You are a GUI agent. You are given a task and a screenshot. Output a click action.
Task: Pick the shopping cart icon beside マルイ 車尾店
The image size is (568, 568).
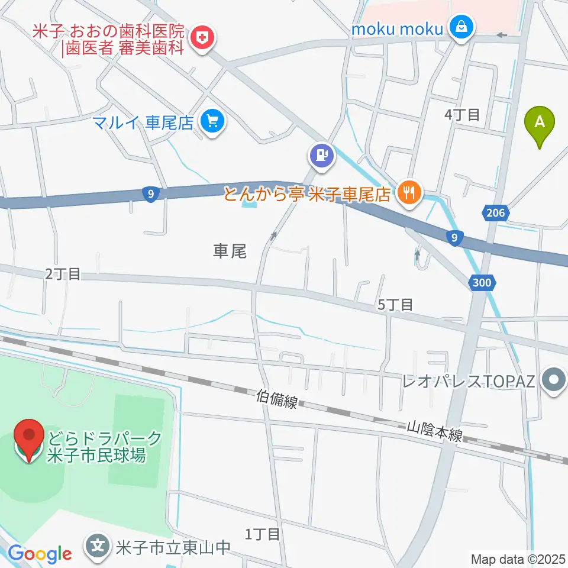pos(211,122)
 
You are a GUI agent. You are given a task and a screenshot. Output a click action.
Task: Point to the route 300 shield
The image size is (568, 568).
pos(482,283)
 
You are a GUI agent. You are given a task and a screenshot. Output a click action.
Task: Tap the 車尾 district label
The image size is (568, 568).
pos(229,251)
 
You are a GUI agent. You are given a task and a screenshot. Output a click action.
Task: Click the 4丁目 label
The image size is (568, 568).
pos(461,115)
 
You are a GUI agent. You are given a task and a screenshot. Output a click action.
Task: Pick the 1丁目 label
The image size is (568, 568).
pos(262,534)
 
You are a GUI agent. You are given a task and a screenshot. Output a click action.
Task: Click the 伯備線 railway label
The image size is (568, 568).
pos(277,401)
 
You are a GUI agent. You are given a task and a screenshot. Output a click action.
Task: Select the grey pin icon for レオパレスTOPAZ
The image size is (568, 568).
pos(554,379)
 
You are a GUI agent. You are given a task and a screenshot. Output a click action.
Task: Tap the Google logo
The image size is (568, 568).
pos(40,554)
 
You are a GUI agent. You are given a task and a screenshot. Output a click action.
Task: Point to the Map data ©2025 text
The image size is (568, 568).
pos(517,558)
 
